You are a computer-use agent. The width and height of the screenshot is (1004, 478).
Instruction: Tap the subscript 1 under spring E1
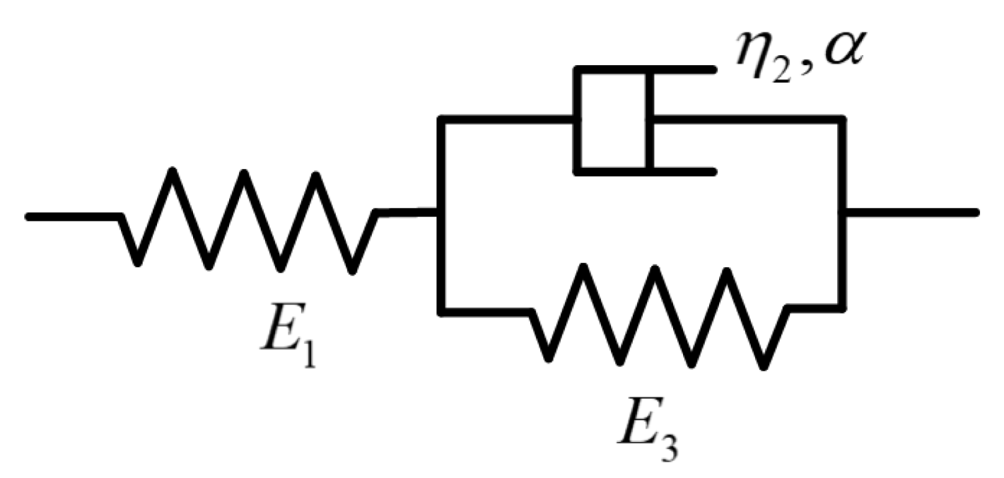(x=308, y=352)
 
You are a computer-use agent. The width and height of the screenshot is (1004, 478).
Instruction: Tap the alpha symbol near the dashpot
(x=843, y=50)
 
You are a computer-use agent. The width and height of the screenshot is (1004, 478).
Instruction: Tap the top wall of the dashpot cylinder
(x=646, y=69)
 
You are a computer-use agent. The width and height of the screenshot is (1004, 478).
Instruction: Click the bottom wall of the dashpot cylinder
(x=646, y=171)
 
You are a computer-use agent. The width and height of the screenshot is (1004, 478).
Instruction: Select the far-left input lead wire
(x=73, y=217)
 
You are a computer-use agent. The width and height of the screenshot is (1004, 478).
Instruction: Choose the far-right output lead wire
(x=911, y=213)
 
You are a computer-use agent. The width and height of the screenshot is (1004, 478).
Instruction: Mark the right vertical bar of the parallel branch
(x=841, y=214)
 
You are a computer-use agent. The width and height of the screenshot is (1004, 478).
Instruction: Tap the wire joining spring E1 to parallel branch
(x=408, y=213)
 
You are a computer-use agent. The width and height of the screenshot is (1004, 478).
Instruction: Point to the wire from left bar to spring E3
(x=486, y=311)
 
